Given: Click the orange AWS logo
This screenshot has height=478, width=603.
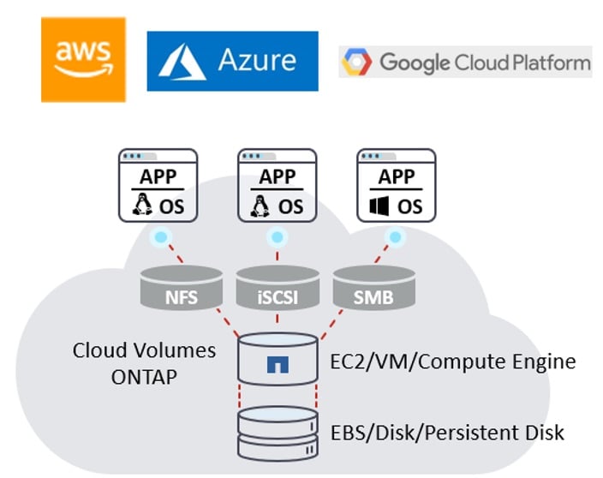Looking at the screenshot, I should pos(83,58).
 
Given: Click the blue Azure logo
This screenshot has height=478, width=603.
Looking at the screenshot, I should pos(232,61).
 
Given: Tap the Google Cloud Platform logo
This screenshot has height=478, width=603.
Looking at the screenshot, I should pos(465,62).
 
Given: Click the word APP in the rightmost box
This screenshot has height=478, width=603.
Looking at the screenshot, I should pos(397,176).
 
